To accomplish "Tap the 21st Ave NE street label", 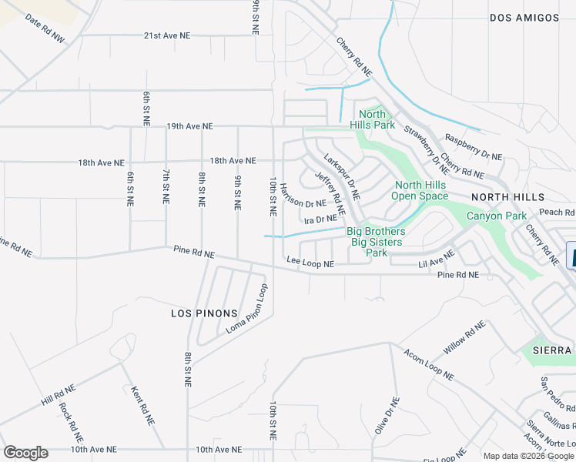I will coord(178,35).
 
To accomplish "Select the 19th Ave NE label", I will coord(178,126).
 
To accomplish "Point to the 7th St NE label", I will coord(166,186).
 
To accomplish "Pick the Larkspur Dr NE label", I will coord(341,175).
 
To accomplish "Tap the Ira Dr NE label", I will coord(321,219).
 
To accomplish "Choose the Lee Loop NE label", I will coord(310,263).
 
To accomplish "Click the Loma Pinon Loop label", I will coord(247,309).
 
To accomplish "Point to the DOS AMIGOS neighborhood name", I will coord(523,17).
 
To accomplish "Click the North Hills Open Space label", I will coord(420,190).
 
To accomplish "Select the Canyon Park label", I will coord(497,216).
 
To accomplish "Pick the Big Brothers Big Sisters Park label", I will coord(375,241).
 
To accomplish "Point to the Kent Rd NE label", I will coord(141,405).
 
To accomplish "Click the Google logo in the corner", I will coord(25,453).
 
